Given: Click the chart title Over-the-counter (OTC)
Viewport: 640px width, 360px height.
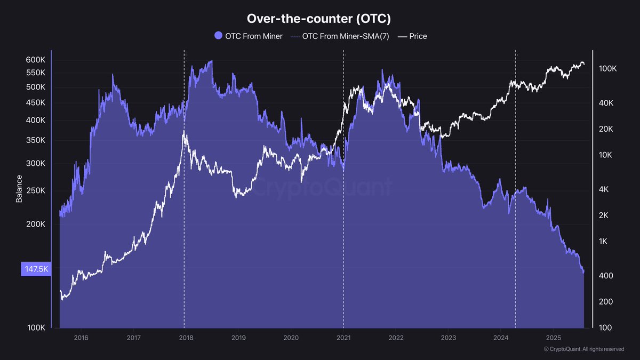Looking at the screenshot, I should (319, 18).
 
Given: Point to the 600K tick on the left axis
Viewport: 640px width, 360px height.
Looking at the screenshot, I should (36, 60).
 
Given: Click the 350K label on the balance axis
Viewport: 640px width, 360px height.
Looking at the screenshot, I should (36, 141).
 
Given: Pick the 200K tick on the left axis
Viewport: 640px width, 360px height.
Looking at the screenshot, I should (36, 225).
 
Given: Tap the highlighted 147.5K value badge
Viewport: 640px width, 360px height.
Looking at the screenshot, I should (36, 269).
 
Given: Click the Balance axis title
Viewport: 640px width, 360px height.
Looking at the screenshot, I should (19, 189).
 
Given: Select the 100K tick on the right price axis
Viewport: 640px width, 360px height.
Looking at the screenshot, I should (607, 69).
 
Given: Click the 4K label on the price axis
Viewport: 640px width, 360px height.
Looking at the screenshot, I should (604, 189).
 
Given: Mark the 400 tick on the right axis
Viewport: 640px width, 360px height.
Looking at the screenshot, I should (605, 276).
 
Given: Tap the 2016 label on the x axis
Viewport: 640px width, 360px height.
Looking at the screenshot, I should (81, 338).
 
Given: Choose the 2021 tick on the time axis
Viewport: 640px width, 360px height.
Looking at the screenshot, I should (343, 338).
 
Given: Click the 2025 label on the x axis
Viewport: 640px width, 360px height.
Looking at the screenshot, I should (553, 338).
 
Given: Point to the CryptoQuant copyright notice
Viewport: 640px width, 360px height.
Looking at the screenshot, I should (583, 349).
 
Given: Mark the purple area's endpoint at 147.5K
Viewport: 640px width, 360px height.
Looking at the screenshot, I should (583, 271).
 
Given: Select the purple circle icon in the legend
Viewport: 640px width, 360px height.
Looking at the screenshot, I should (218, 36).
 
